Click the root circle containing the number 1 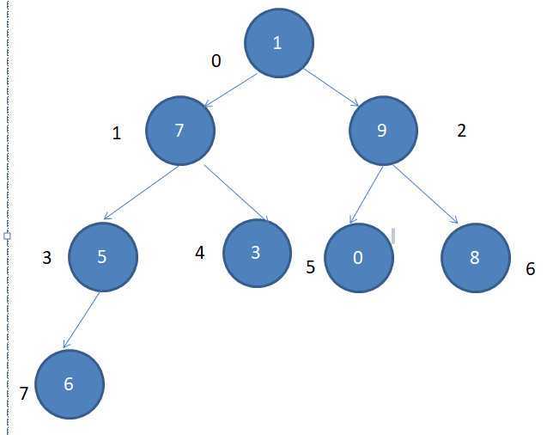coord(278,44)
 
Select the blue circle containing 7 coord(179,131)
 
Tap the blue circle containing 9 coord(383,131)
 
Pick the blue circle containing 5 coord(102,257)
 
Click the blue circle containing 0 coord(358,259)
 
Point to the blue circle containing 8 coord(477,258)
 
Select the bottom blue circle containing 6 coord(70,384)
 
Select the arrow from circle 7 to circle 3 coord(236,193)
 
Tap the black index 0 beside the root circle coord(216,61)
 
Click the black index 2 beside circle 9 coord(461,131)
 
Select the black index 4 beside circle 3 coord(200,254)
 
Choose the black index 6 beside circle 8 coord(530,269)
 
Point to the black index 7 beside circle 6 coord(23,394)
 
